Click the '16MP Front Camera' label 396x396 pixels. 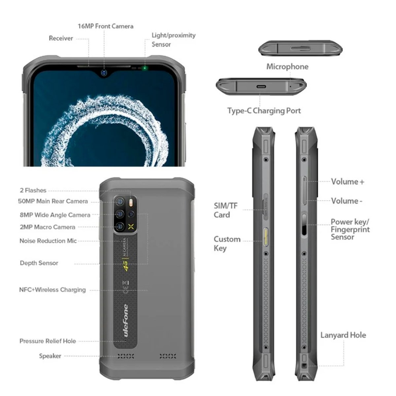coord(105,26)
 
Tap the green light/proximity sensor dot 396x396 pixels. coord(144,69)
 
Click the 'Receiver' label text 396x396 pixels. coord(61,38)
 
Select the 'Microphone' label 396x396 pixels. coord(287,67)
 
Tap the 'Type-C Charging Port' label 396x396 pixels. coord(264,111)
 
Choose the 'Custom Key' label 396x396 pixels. coord(227,244)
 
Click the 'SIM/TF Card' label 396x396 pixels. coord(226,210)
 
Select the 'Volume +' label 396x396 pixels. coord(347,181)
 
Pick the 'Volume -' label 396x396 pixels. coord(346,201)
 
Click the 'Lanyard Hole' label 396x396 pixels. coord(343,335)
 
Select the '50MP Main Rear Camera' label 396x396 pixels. coord(53,201)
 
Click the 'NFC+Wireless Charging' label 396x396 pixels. coord(52,290)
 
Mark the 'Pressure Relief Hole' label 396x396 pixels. coord(48,341)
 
